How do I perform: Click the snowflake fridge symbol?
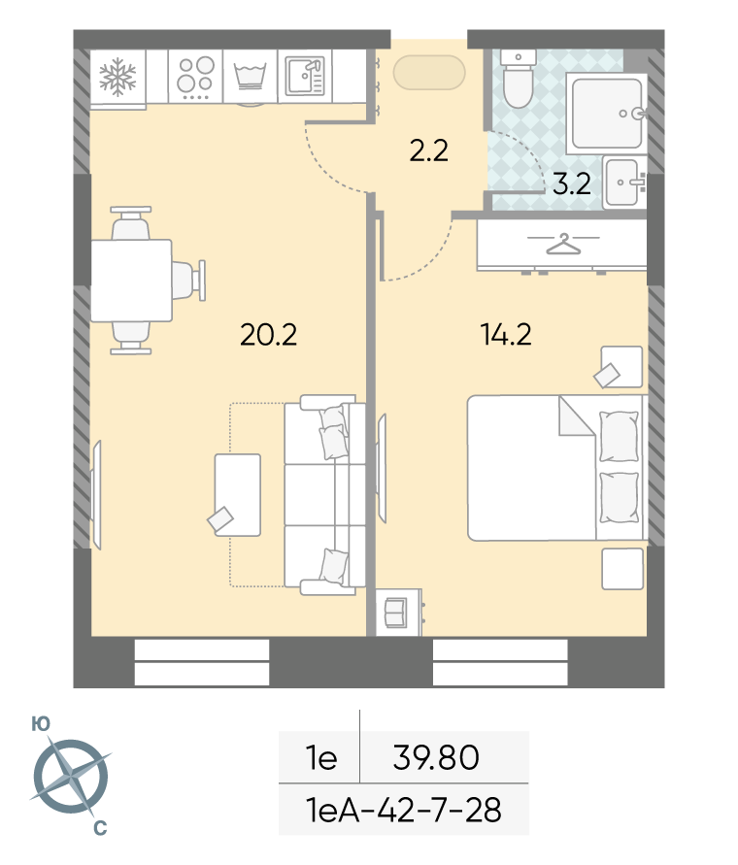pyautogui.click(x=117, y=78)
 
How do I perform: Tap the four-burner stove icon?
pyautogui.click(x=195, y=78)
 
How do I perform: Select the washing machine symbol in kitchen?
pyautogui.click(x=251, y=77)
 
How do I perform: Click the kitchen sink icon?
pyautogui.click(x=305, y=76)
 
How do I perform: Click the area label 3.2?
pyautogui.click(x=571, y=183)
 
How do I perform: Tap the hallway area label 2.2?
pyautogui.click(x=429, y=150)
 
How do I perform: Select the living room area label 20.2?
pyautogui.click(x=269, y=334)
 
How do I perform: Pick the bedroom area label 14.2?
pyautogui.click(x=506, y=334)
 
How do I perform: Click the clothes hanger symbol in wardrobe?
pyautogui.click(x=563, y=244)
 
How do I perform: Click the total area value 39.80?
pyautogui.click(x=436, y=757)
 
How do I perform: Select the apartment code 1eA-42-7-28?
pyautogui.click(x=404, y=810)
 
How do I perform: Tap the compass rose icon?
pyautogui.click(x=71, y=777)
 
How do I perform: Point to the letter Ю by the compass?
pyautogui.click(x=41, y=724)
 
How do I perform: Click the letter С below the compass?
pyautogui.click(x=100, y=828)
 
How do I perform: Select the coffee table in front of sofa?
pyautogui.click(x=237, y=495)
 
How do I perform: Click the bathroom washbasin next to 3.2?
pyautogui.click(x=624, y=183)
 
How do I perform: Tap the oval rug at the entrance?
pyautogui.click(x=429, y=72)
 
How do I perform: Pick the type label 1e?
pyautogui.click(x=321, y=757)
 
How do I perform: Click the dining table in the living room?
pyautogui.click(x=131, y=281)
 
